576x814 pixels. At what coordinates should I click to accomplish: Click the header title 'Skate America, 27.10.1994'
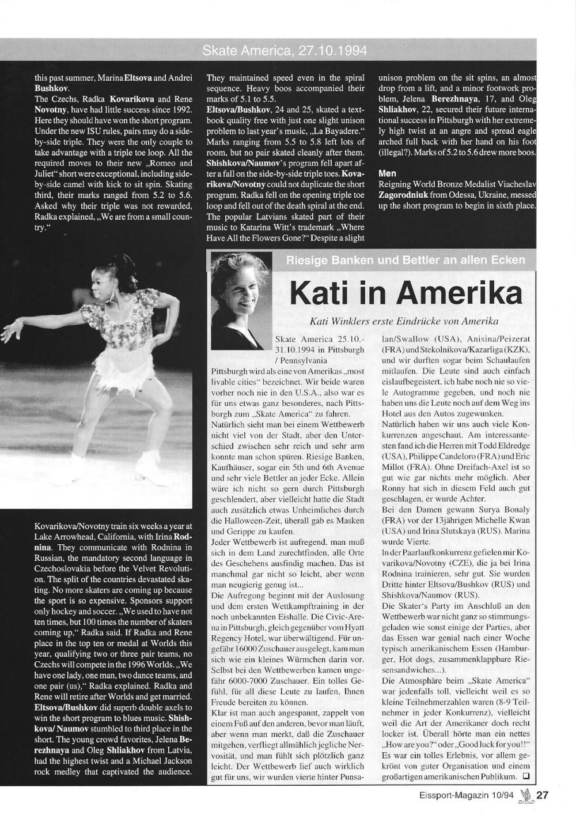point(285,51)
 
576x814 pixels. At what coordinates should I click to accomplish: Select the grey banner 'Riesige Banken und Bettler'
point(405,260)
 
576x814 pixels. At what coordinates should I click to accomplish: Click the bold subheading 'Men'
point(387,173)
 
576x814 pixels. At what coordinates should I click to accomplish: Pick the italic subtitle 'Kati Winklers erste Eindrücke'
point(404,321)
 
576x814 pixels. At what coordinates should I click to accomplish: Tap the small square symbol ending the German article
point(526,777)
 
